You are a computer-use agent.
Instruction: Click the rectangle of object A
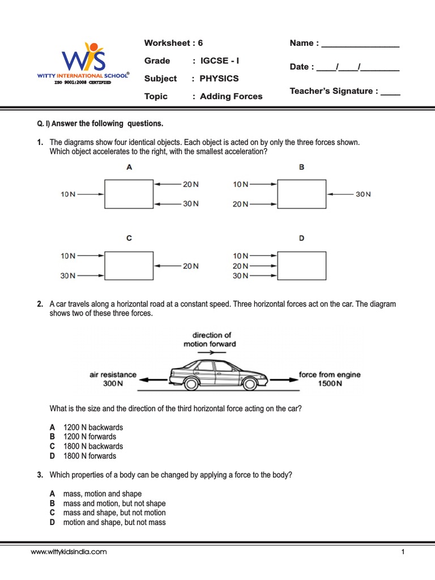[x=129, y=194]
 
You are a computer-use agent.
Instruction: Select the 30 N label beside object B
[x=362, y=194]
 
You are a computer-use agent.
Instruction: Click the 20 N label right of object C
[x=190, y=266]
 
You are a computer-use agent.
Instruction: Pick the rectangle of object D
[x=302, y=266]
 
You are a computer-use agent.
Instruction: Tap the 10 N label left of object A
[x=69, y=194]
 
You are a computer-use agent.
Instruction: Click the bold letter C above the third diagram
[x=129, y=238]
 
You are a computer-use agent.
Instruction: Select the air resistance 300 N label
[x=113, y=379]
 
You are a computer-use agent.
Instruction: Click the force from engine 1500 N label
[x=329, y=379]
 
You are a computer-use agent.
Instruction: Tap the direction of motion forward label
[x=210, y=339]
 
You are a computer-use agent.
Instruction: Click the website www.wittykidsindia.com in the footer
[x=69, y=552]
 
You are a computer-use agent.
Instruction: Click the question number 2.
[x=40, y=304]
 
